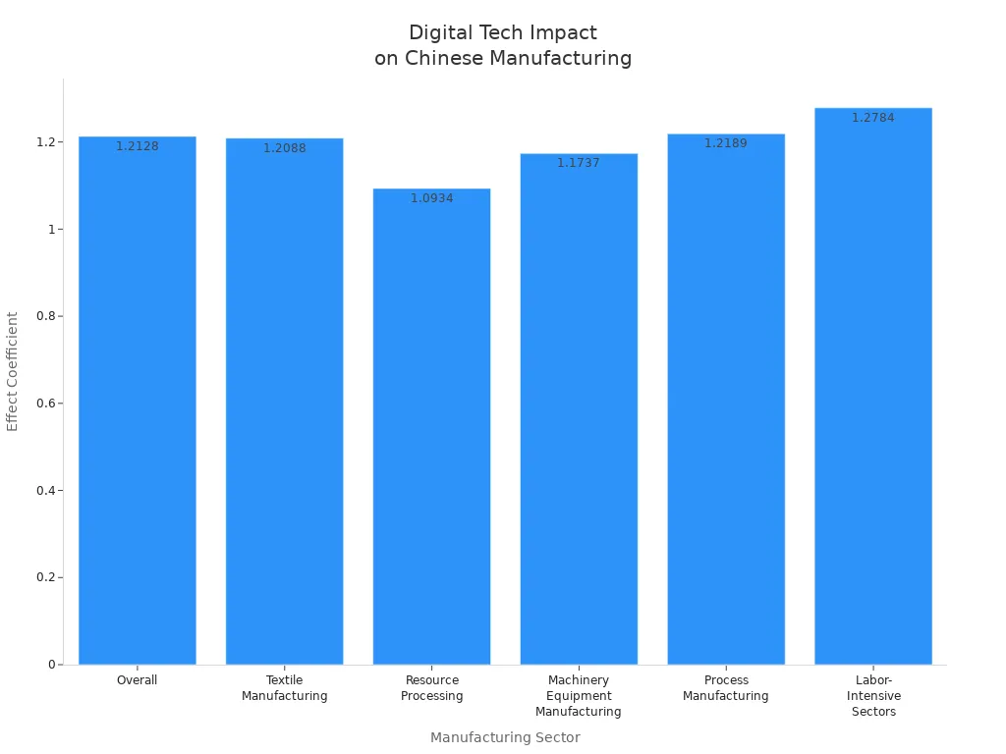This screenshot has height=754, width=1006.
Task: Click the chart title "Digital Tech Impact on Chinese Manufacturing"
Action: (502, 45)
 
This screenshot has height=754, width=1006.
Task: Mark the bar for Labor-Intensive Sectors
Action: (873, 393)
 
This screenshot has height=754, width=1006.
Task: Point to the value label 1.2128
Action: (138, 146)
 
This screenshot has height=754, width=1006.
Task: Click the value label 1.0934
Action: (431, 198)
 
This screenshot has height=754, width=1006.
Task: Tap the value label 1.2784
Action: (873, 118)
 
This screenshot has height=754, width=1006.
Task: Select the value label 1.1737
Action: (579, 163)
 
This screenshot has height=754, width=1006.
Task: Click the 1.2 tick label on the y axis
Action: (44, 142)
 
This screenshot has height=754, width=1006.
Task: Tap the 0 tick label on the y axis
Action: (50, 665)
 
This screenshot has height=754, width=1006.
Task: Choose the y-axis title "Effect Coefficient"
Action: (13, 371)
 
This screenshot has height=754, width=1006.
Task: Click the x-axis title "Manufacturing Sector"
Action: (505, 737)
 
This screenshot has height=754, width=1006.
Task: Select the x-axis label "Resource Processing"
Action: (431, 688)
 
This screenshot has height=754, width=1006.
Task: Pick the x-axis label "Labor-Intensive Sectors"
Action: (873, 696)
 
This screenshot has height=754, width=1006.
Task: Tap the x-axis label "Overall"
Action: (138, 680)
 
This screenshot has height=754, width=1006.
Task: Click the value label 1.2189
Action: (726, 143)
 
